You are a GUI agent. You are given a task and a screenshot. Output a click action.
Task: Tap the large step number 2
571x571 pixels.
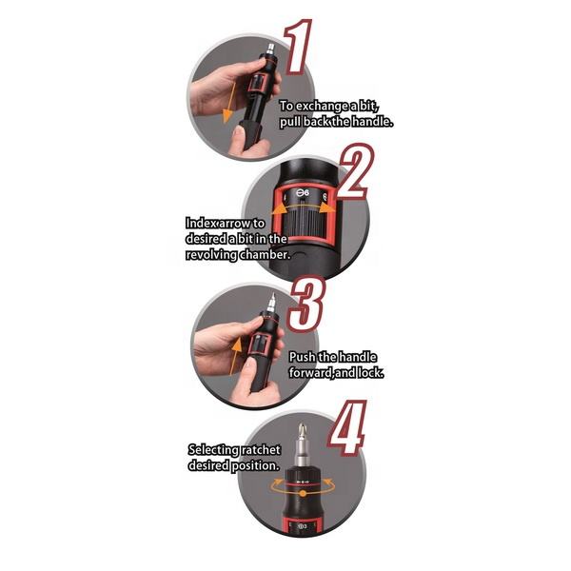coord(355,172)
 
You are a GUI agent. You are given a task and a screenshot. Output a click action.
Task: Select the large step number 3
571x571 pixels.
coord(307,305)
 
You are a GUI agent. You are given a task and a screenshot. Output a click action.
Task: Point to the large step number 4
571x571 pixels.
coord(347,428)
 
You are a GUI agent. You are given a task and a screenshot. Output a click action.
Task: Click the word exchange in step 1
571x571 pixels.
coord(322,106)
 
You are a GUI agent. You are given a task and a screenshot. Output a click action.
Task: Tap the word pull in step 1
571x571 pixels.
coord(290,122)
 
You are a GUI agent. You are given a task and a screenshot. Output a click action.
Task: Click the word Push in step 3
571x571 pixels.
coord(303,357)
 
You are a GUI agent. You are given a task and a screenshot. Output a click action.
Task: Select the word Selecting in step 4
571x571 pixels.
coord(214,450)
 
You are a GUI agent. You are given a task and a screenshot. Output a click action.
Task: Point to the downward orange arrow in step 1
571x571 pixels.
coord(229,103)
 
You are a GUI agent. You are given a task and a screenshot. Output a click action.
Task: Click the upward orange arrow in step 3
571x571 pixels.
coord(234,356)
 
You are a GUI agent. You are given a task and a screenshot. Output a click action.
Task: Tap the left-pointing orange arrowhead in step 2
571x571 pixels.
coord(278,209)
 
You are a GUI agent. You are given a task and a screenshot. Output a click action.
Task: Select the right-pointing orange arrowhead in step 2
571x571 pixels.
coord(328,208)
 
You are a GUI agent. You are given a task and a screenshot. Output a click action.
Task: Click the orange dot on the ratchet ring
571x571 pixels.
coord(303,493)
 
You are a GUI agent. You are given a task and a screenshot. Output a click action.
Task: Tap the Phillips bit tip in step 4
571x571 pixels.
coord(301,430)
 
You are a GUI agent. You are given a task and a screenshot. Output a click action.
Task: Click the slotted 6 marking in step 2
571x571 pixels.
coord(303,193)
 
